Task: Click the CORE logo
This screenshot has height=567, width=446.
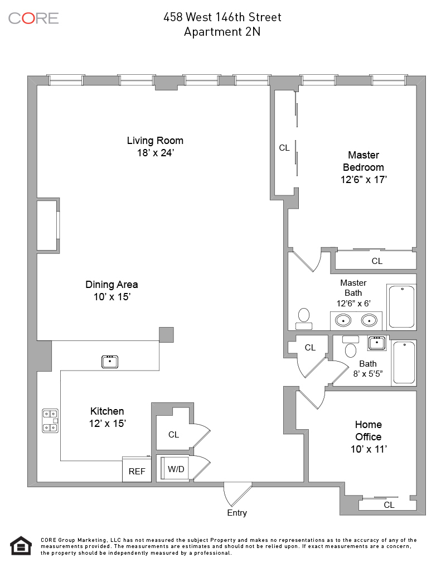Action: point(33,18)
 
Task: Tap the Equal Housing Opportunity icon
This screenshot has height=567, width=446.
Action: point(21,545)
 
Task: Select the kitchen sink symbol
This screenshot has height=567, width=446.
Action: point(110,362)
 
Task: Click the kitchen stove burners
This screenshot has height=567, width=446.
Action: point(50,421)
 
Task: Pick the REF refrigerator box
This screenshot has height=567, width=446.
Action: point(137,471)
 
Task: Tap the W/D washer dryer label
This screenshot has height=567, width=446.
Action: point(176,469)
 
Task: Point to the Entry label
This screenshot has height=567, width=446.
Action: point(237,513)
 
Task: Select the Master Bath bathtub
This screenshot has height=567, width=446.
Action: point(401,306)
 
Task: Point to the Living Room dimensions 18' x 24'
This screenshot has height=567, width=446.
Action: point(155,152)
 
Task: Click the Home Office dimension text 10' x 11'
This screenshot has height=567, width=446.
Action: point(368,449)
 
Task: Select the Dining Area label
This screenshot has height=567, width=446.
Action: point(111,285)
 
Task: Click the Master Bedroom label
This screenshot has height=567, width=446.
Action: point(363,161)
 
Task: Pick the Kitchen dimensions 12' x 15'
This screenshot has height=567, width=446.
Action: point(107,424)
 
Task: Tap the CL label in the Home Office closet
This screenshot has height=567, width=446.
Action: point(389,505)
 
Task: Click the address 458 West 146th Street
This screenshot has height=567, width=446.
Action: point(222,17)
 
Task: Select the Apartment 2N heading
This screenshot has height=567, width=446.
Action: point(222,32)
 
